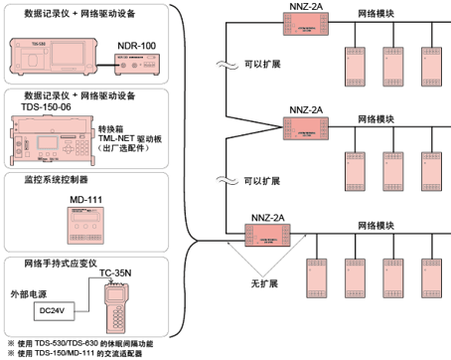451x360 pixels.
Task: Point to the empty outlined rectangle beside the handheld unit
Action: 53,310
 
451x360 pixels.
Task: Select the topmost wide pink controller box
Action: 305,22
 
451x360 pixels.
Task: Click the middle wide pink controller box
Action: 305,128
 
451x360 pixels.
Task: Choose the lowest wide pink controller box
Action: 268,235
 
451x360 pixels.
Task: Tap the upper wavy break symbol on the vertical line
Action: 227,69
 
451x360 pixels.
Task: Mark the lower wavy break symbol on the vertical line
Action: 227,181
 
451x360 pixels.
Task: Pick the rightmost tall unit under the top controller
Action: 431,65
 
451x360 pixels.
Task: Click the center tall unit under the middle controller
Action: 393,171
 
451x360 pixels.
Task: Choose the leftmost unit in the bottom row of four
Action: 318,277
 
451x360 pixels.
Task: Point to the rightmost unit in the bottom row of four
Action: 431,277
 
